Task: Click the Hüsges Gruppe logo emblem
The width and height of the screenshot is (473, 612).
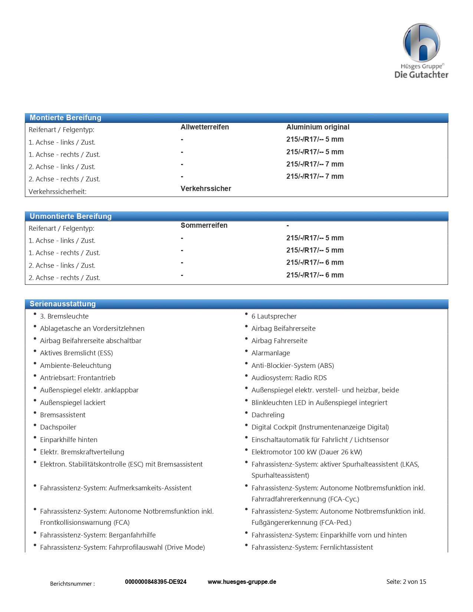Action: pos(421,43)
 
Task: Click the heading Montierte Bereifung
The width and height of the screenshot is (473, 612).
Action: pos(65,118)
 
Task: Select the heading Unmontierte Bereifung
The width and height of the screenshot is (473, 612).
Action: pos(70,216)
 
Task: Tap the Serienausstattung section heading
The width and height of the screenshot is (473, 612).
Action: pos(63,304)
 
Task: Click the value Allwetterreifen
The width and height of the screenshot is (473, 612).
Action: pos(204,127)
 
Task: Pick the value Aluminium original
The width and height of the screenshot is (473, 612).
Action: pos(318,127)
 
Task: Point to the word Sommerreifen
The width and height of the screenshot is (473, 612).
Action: pos(204,225)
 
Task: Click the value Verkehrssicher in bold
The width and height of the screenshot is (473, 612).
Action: pos(206,188)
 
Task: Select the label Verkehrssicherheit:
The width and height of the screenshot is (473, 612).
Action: pos(58,191)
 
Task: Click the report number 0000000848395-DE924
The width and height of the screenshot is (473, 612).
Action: pos(155,582)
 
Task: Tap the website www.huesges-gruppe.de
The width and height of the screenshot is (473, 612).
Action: pos(242,582)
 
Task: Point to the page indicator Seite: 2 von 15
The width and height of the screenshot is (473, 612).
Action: pos(406,582)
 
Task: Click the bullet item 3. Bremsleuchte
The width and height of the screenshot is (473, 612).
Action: pos(64,316)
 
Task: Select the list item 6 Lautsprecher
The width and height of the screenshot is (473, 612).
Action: pos(274,316)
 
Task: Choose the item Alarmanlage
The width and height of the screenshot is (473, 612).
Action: pos(270,353)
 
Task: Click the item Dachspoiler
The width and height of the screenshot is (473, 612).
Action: pos(58,427)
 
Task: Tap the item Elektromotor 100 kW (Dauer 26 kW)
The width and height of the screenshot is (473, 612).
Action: pos(306,452)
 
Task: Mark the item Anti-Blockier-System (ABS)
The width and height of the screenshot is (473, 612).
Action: pos(292,365)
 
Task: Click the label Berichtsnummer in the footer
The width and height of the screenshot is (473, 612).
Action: pos(72,583)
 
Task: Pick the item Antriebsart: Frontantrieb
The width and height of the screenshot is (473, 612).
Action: pos(78,378)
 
